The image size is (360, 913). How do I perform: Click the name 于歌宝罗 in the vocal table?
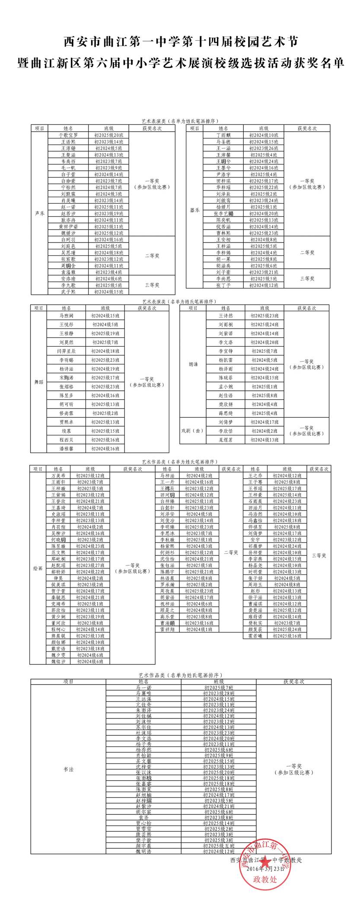tap(68, 135)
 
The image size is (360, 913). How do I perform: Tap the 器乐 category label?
tap(195, 210)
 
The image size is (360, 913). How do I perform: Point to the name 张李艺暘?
tap(223, 214)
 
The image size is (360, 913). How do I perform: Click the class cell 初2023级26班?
tap(264, 148)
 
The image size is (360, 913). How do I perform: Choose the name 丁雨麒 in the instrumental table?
tap(223, 135)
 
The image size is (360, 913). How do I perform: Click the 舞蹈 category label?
tap(39, 382)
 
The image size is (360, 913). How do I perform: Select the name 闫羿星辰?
tap(67, 351)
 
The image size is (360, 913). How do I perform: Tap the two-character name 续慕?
tap(67, 431)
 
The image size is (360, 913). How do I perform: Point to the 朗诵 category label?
tap(193, 364)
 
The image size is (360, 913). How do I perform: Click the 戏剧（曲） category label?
tap(193, 431)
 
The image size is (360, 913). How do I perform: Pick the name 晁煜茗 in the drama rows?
tap(225, 440)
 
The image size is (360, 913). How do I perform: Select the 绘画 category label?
tap(38, 568)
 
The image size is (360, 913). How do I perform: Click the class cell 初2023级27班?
tap(90, 565)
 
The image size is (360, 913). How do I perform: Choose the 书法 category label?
tap(68, 769)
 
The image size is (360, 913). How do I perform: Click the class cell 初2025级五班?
tap(219, 846)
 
